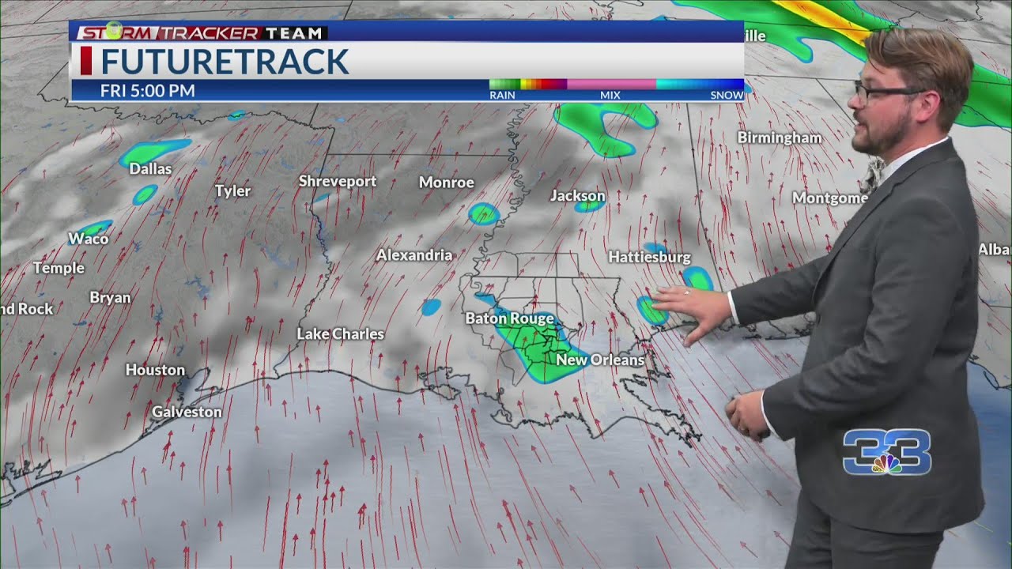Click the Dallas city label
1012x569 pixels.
150,168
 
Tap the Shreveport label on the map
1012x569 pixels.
338,181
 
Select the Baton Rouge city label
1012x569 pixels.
509,318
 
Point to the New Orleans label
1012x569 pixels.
600,360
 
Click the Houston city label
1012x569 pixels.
155,370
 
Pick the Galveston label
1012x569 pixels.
187,412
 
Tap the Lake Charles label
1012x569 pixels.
340,334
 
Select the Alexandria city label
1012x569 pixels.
414,255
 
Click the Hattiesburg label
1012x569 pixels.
649,257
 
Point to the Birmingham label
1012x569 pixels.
779,138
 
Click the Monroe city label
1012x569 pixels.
446,183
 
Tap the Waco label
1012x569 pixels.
89,239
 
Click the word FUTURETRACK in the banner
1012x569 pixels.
225,62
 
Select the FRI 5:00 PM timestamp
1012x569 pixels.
147,91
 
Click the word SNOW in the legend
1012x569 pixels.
727,95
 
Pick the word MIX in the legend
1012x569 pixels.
610,95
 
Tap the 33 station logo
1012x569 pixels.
886,452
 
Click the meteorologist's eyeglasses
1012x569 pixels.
885,91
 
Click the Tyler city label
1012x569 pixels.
232,190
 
